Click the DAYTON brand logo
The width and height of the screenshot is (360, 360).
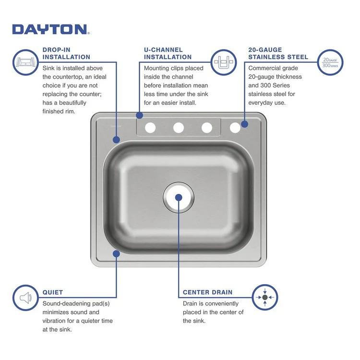(50, 29)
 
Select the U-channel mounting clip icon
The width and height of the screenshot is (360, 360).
(224, 62)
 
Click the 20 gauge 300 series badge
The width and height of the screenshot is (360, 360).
(330, 62)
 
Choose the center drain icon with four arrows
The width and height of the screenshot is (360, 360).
(264, 298)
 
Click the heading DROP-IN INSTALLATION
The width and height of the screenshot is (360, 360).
(66, 53)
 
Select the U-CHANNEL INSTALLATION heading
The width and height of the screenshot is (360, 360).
(168, 53)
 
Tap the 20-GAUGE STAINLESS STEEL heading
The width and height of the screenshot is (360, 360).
(278, 53)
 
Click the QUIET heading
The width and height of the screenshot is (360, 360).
(52, 292)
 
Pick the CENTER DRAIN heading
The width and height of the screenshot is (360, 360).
(207, 292)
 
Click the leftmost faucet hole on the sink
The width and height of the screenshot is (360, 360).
(150, 128)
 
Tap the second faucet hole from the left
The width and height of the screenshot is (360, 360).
(179, 128)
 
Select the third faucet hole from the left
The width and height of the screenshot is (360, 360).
(207, 128)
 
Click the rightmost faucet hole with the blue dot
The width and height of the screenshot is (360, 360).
(235, 127)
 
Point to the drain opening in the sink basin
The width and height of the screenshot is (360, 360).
(179, 197)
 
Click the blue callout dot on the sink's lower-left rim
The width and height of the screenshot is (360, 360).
(116, 253)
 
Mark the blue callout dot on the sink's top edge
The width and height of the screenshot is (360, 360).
(140, 116)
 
